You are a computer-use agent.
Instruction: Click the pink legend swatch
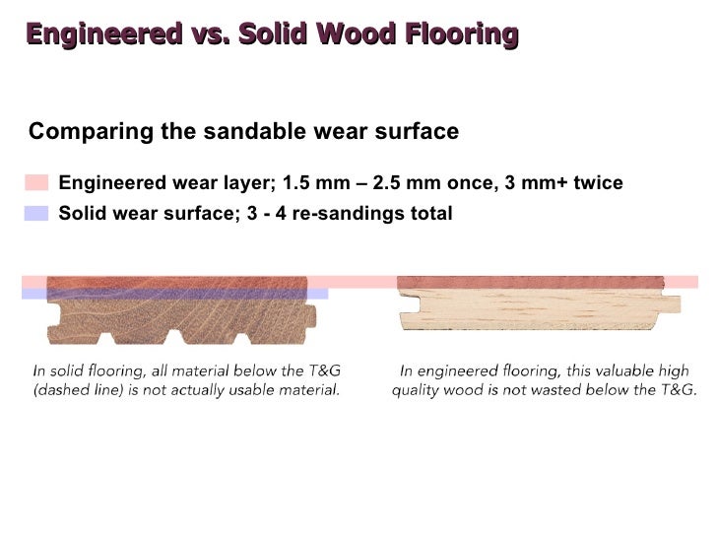click(36, 182)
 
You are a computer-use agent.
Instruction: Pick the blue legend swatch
click(36, 213)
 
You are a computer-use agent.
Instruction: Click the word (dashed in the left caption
click(64, 390)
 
